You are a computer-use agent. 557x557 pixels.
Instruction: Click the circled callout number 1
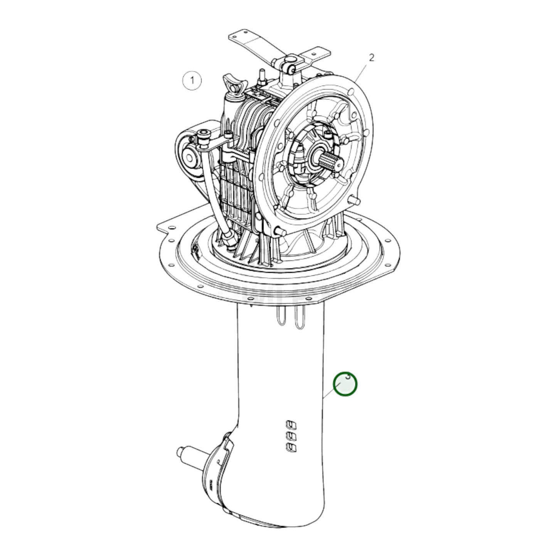(192, 81)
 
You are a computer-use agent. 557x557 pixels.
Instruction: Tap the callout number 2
(371, 58)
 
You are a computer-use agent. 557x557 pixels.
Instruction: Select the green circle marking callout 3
(345, 384)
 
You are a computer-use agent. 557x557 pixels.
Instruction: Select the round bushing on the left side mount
(190, 158)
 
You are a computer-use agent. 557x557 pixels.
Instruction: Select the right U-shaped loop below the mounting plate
(300, 318)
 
